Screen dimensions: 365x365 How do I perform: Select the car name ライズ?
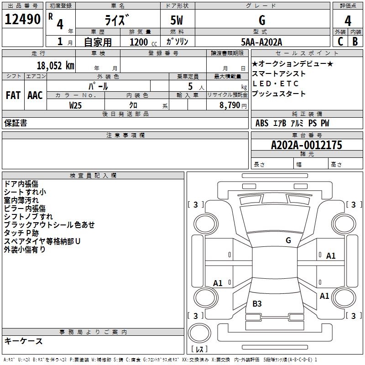[117, 21]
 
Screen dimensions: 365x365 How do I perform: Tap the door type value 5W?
[177, 21]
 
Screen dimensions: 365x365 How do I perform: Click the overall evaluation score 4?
[348, 21]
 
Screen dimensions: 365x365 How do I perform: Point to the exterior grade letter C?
[340, 42]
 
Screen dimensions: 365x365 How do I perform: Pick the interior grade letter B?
[355, 42]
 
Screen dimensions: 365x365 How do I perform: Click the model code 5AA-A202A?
[261, 42]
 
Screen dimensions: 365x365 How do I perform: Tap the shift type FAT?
[13, 95]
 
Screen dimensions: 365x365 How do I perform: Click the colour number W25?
[76, 105]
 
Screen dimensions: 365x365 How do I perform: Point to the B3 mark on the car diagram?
[257, 303]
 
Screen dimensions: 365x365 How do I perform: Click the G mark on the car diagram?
[288, 240]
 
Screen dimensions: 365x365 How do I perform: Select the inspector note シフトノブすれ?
[28, 217]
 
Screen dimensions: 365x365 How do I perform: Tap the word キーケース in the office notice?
[24, 341]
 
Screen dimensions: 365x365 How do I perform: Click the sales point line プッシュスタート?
[279, 94]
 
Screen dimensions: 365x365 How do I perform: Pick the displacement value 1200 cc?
[140, 42]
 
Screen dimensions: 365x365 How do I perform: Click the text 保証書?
[16, 123]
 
